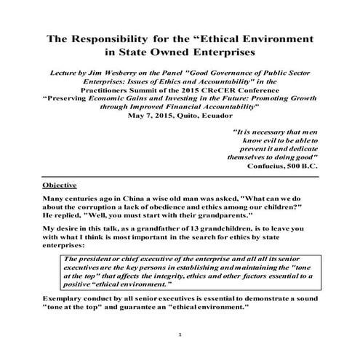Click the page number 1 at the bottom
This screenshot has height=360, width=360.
180,334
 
